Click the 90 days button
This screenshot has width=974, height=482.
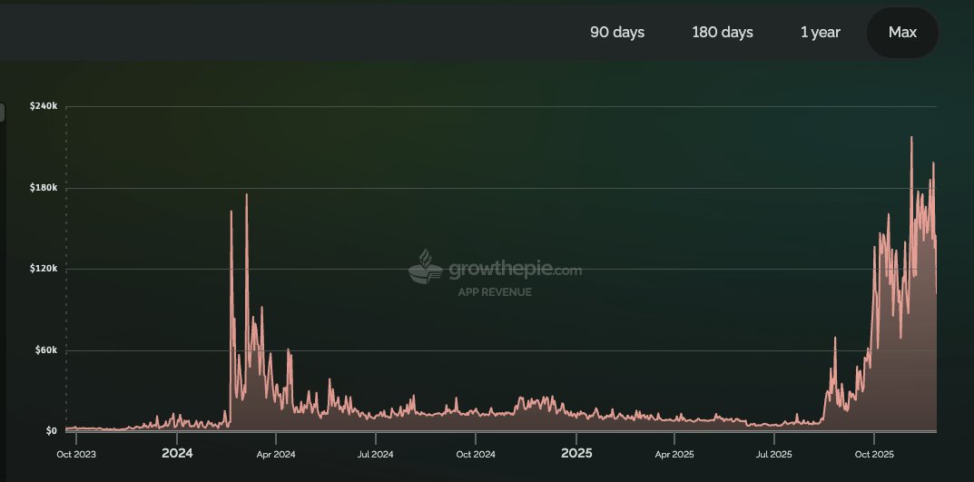click(617, 33)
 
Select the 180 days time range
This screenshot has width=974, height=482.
click(723, 33)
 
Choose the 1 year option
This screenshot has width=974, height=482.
click(820, 33)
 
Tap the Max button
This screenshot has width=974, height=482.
click(902, 33)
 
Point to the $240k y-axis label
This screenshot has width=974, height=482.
click(44, 106)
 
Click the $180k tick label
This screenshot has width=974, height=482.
click(44, 188)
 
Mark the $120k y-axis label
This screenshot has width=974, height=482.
click(44, 269)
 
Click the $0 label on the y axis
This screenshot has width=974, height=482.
click(51, 431)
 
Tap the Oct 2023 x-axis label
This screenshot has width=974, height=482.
click(76, 453)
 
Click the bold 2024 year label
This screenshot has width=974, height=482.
click(177, 453)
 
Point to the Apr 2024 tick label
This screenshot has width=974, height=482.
click(277, 453)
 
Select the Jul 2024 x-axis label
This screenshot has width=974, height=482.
click(376, 453)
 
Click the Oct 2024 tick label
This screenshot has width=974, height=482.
click(476, 453)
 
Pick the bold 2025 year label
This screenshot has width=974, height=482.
click(576, 453)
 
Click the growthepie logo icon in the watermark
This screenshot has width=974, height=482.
click(426, 269)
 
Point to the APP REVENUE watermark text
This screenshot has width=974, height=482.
click(495, 292)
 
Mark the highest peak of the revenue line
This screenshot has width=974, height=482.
click(911, 137)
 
